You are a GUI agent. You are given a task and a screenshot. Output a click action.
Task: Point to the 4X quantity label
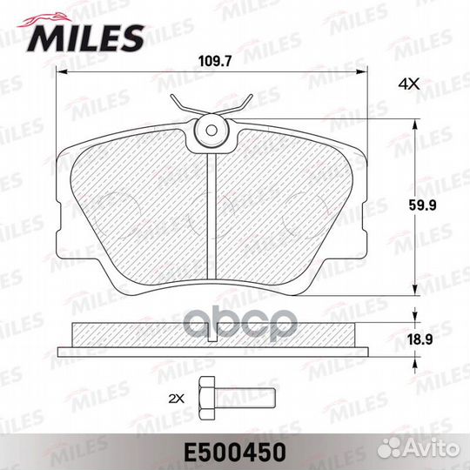pyautogui.click(x=408, y=84)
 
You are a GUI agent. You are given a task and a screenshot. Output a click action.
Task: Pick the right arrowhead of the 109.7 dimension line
pyautogui.click(x=366, y=73)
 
